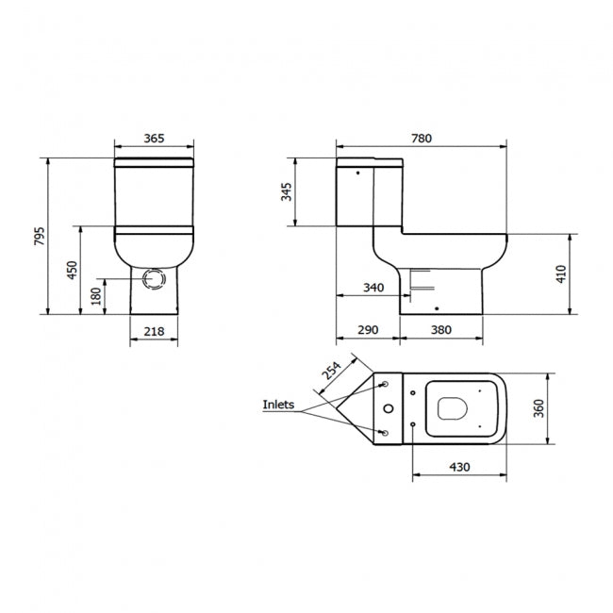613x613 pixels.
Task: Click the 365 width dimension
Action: point(154,139)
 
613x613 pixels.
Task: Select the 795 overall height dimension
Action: point(40,236)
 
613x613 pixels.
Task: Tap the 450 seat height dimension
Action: point(72,270)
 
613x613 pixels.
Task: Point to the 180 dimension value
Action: point(95,296)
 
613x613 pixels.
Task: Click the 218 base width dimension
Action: point(154,331)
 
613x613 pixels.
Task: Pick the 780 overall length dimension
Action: point(421,139)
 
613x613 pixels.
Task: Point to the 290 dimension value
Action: point(368,331)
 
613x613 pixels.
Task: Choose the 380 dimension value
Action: point(440,331)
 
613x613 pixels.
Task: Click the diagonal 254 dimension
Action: point(331,370)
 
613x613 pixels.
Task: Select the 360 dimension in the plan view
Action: point(538,407)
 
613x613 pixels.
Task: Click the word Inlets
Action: point(279,406)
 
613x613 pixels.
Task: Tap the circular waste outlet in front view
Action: point(155,279)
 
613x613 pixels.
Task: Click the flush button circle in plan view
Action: point(389,407)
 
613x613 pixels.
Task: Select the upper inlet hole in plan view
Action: point(386,384)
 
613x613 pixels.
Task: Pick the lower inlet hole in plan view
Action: point(386,432)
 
